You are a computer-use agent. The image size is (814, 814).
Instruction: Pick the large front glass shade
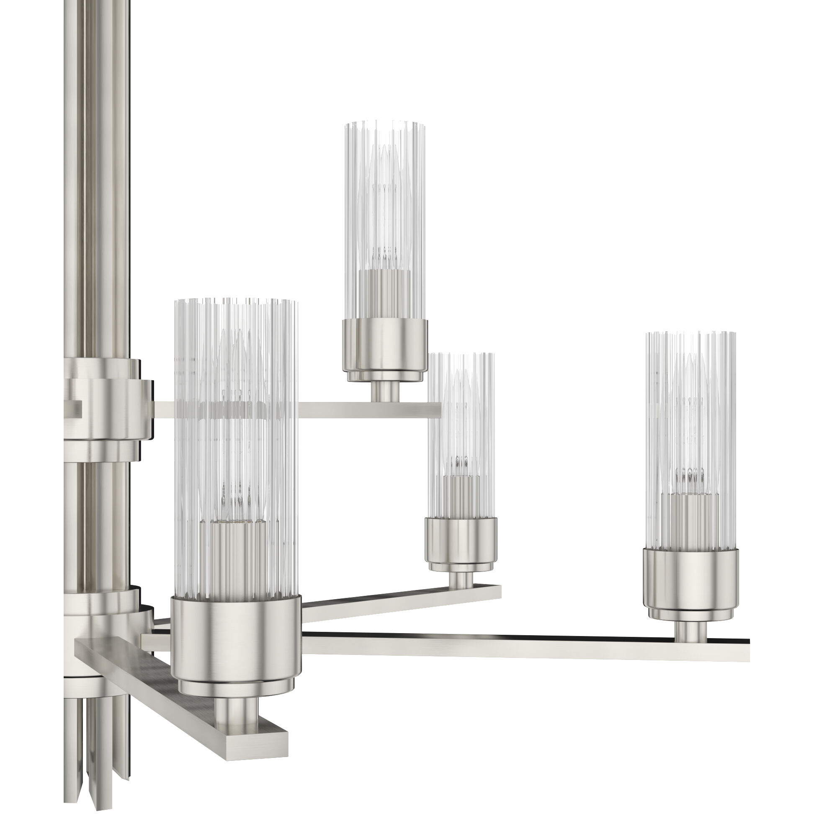click(236, 421)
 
